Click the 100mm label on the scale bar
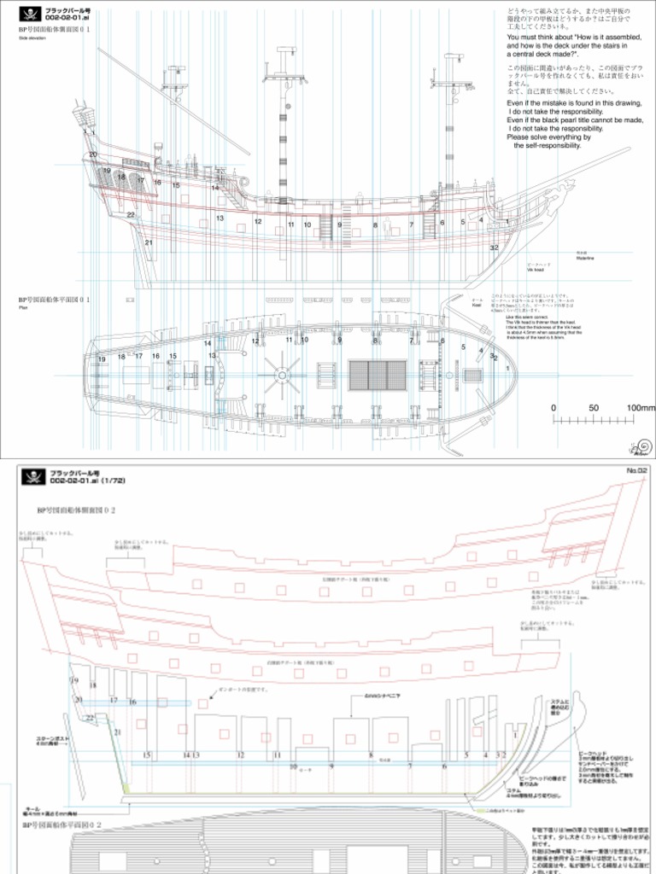click(640, 408)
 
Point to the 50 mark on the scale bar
click(593, 408)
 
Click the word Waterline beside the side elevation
click(585, 258)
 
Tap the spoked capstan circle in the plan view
click(281, 374)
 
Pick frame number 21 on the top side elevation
click(149, 242)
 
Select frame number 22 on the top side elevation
click(131, 214)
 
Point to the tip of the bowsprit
click(628, 149)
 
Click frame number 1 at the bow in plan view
click(508, 367)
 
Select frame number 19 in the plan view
click(102, 359)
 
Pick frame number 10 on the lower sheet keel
click(293, 766)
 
